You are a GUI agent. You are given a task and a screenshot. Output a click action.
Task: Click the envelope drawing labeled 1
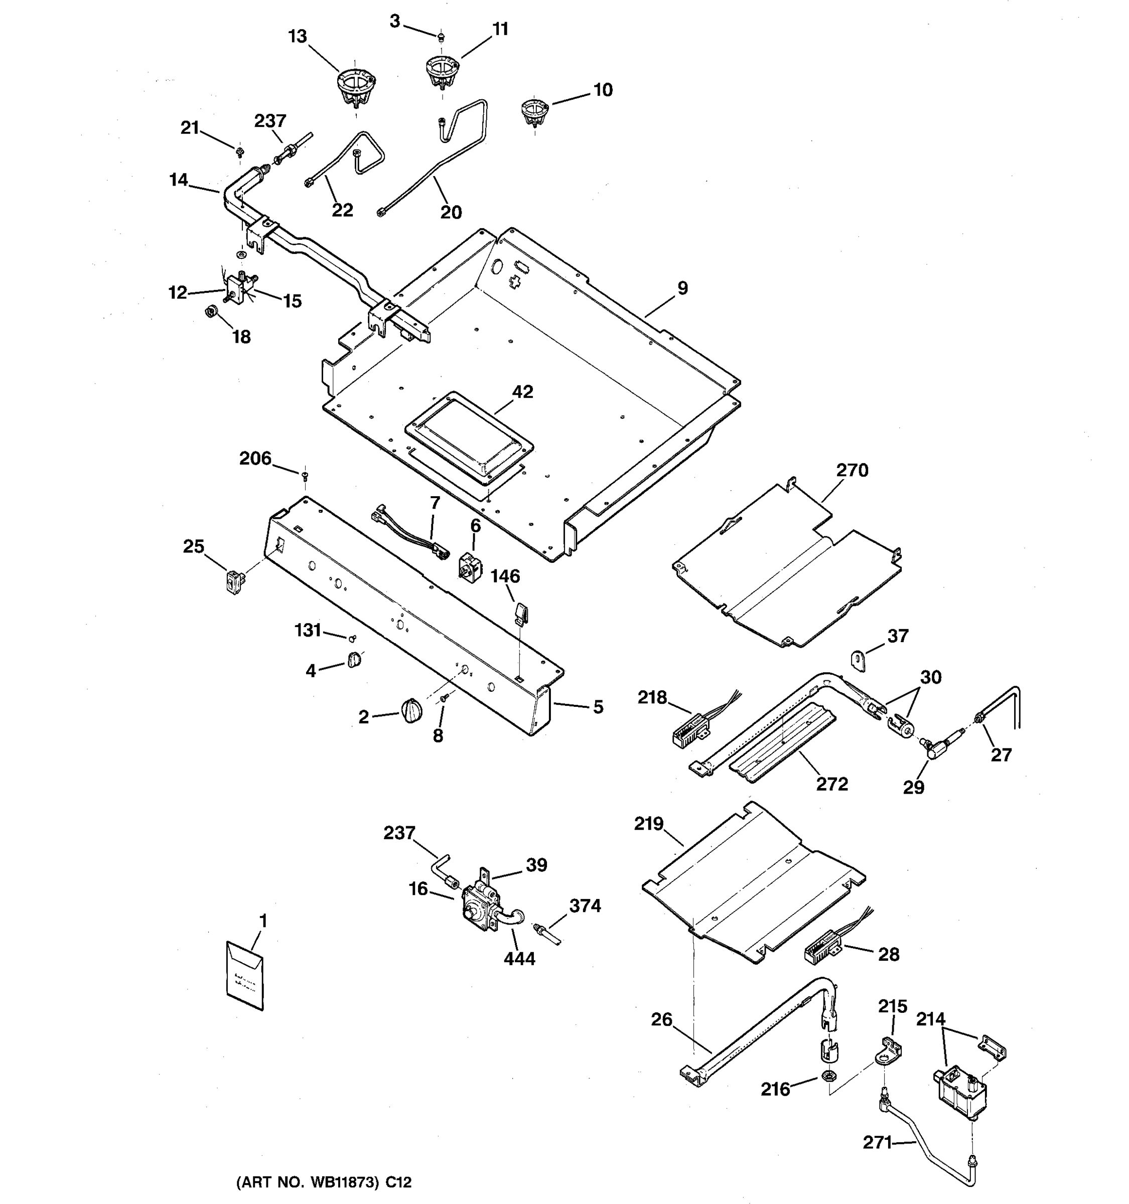pyautogui.click(x=245, y=976)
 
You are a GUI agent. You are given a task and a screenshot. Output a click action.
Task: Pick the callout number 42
pyautogui.click(x=522, y=392)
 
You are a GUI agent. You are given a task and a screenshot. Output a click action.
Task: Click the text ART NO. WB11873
pyautogui.click(x=324, y=1181)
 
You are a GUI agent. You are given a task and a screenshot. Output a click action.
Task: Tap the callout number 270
pyautogui.click(x=852, y=470)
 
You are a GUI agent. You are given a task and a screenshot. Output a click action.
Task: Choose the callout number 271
pyautogui.click(x=877, y=1142)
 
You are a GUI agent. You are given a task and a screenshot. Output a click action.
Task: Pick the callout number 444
pyautogui.click(x=519, y=959)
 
